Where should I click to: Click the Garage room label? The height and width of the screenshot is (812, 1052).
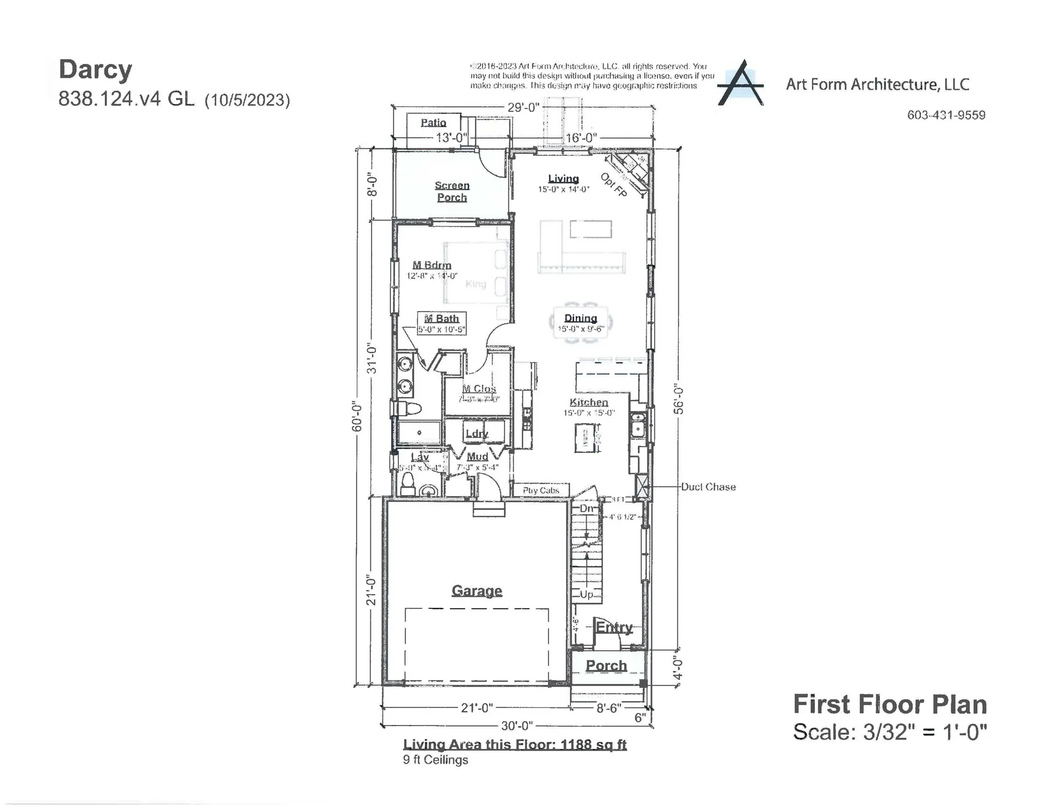[x=477, y=591]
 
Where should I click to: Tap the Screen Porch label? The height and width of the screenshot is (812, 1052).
[x=452, y=192]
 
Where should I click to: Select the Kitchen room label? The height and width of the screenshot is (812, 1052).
[x=588, y=402]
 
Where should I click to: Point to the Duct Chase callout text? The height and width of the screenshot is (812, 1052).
[x=708, y=487]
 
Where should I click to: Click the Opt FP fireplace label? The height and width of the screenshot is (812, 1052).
[x=614, y=185]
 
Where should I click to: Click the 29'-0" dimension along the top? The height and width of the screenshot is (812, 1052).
[x=523, y=107]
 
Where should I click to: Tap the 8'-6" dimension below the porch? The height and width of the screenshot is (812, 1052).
[x=608, y=708]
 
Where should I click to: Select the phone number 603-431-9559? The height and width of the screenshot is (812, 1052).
[x=946, y=115]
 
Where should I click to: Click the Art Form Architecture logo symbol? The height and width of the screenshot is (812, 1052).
[x=741, y=84]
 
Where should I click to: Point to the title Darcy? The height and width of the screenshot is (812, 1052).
[x=95, y=70]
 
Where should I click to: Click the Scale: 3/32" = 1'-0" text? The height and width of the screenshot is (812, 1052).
[x=890, y=732]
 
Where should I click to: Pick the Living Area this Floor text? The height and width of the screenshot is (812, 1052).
[x=514, y=744]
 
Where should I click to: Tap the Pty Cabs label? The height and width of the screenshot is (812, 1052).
[x=541, y=490]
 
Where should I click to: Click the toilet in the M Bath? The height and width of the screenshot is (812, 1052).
[x=407, y=408]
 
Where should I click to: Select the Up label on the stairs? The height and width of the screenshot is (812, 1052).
[x=586, y=595]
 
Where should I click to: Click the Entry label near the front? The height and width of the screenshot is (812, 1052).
[x=614, y=627]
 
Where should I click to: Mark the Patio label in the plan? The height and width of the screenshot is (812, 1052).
[x=433, y=123]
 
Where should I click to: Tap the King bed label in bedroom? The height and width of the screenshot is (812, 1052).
[x=475, y=284]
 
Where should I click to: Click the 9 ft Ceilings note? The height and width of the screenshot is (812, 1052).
[x=436, y=760]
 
